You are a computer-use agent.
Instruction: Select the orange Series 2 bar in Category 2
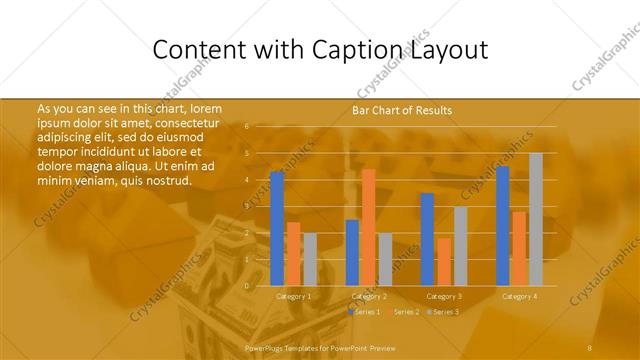coord(368,227)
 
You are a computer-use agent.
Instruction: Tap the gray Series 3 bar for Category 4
coord(536,219)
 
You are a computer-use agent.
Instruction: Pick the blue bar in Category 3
coord(427,239)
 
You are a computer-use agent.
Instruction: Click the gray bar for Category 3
coord(460,246)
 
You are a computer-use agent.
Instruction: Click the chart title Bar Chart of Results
coord(402,110)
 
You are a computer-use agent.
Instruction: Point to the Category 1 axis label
coord(293,296)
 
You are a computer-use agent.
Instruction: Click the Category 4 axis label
coord(519,296)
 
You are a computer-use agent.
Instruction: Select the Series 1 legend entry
coord(365,312)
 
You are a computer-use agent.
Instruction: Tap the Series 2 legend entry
coord(404,312)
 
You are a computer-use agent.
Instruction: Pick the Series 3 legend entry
coord(443,312)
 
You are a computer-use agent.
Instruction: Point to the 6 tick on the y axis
coord(247,127)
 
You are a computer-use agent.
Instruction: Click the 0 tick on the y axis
coord(247,285)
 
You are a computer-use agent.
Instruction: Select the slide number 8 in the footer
coord(590,347)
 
